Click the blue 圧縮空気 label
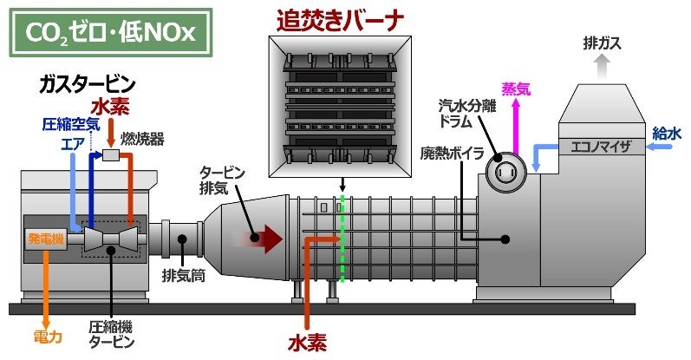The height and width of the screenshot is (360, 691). [x=71, y=124]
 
